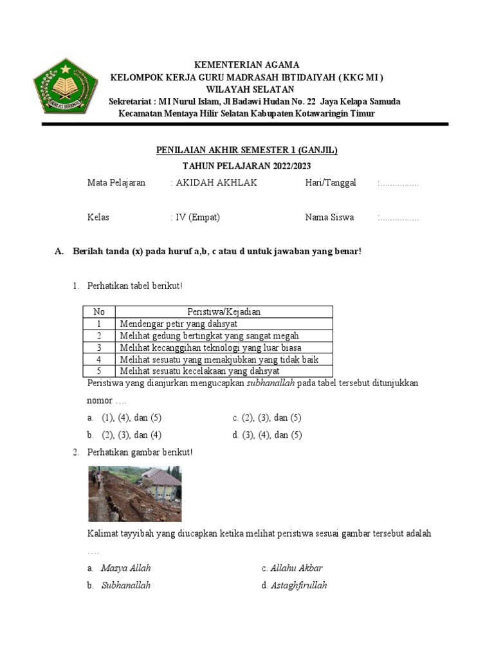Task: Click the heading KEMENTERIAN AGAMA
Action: (x=248, y=65)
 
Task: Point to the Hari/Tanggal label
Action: (x=331, y=183)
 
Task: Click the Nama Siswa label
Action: (x=329, y=217)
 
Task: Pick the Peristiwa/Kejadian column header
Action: (x=224, y=312)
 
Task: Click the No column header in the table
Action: (x=99, y=312)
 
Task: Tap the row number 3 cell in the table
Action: (x=99, y=348)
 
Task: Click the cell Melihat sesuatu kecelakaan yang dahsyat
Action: (x=199, y=371)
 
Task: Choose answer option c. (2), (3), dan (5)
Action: (x=267, y=418)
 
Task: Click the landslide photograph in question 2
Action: (x=134, y=494)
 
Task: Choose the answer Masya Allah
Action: (x=126, y=568)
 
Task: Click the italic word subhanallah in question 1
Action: (x=271, y=383)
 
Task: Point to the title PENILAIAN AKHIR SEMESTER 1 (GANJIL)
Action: (x=247, y=150)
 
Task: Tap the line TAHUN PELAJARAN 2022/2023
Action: (x=247, y=166)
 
